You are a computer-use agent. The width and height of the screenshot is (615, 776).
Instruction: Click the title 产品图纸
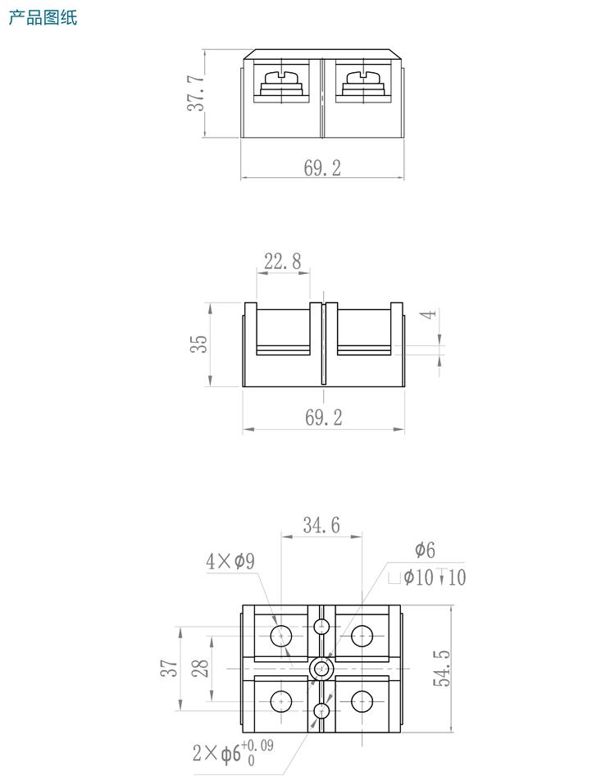pyautogui.click(x=43, y=17)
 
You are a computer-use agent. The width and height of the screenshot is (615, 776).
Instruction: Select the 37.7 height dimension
pyautogui.click(x=195, y=93)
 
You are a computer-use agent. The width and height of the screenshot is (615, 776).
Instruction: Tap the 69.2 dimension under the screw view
pyautogui.click(x=322, y=168)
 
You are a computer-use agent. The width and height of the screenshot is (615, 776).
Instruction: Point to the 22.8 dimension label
pyautogui.click(x=282, y=262)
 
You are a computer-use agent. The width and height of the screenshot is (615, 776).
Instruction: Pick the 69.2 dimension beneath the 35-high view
pyautogui.click(x=324, y=418)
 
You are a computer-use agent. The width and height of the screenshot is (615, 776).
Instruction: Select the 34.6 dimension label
pyautogui.click(x=321, y=525)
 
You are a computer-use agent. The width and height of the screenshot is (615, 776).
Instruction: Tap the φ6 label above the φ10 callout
pyautogui.click(x=425, y=550)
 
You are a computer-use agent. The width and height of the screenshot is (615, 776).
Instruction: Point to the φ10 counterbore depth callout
pyautogui.click(x=427, y=577)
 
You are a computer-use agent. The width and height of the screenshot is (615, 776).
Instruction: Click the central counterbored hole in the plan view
pyautogui.click(x=321, y=669)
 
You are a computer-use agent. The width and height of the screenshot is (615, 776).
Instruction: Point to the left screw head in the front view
pyautogui.click(x=280, y=80)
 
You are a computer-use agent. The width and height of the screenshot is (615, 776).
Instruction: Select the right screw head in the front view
pyautogui.click(x=363, y=80)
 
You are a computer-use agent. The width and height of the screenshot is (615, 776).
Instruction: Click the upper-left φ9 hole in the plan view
pyautogui.click(x=280, y=635)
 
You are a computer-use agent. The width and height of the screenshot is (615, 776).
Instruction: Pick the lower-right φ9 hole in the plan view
pyautogui.click(x=362, y=701)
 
